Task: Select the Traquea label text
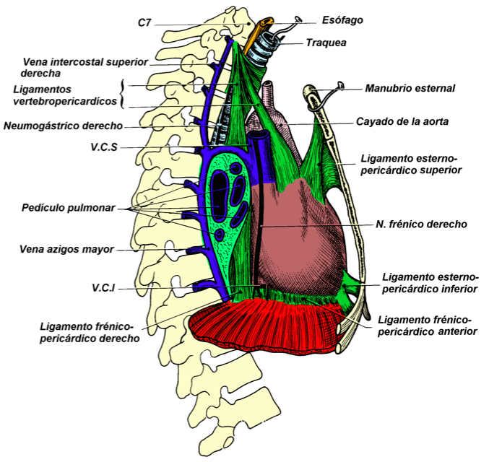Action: (326, 43)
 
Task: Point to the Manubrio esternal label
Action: (410, 88)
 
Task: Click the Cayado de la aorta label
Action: (403, 122)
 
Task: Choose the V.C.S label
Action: (105, 148)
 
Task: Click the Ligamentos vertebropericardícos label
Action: (66, 95)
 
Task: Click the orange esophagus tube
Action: (255, 40)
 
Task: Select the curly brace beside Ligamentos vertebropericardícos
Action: (124, 93)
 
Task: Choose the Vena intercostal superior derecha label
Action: (85, 67)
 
